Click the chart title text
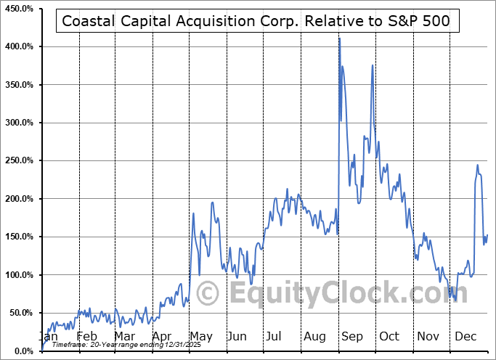(256, 21)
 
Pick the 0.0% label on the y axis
(23, 351)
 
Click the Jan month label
(48, 337)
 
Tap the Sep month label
(352, 337)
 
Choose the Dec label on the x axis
(465, 337)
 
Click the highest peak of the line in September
(339, 38)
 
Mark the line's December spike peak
(478, 165)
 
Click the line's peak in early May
(194, 213)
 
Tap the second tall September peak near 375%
(373, 66)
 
